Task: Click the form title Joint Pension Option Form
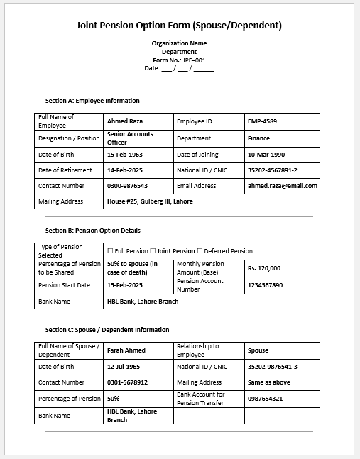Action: click(x=179, y=26)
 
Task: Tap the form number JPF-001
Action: click(x=179, y=60)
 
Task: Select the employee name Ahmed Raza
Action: click(x=125, y=121)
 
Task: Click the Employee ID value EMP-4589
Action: click(x=262, y=121)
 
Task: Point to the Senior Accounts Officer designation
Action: click(x=130, y=138)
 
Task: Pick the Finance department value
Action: click(x=258, y=138)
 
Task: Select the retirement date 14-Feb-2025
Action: click(x=125, y=170)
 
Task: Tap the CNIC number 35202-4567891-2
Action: click(x=273, y=170)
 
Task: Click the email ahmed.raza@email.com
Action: click(x=282, y=186)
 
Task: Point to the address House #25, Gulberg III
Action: click(x=150, y=201)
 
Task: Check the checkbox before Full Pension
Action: click(x=110, y=251)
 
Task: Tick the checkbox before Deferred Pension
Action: click(x=200, y=251)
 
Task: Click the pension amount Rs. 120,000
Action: click(x=264, y=268)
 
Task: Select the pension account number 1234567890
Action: click(x=265, y=285)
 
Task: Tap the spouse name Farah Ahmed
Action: click(x=126, y=350)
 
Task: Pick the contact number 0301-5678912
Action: click(x=127, y=382)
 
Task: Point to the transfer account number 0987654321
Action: click(x=265, y=399)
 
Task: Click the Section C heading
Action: click(x=107, y=330)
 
